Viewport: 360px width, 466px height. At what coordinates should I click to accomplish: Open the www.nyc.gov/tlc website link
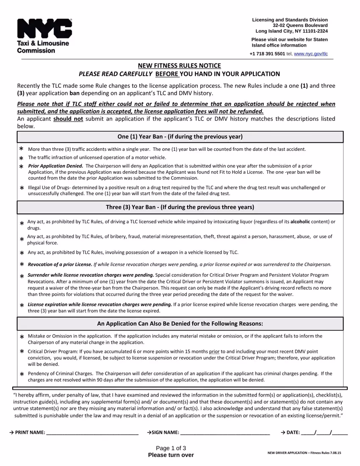(x=310, y=54)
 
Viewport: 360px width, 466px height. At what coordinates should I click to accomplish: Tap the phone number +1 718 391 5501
(x=267, y=54)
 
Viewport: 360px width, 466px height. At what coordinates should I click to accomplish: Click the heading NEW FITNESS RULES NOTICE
(x=180, y=65)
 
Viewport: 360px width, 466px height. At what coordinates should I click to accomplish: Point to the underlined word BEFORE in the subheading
(x=167, y=74)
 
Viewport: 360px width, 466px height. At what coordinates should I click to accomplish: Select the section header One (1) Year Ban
(x=180, y=136)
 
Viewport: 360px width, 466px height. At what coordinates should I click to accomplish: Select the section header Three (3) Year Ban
(x=180, y=207)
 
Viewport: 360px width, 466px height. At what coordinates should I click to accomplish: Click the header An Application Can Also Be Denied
(x=180, y=324)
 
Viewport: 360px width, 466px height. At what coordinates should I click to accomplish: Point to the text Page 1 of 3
(x=171, y=448)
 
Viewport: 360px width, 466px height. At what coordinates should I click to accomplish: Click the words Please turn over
(x=171, y=455)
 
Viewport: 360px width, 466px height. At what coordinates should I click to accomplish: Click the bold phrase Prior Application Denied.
(x=55, y=166)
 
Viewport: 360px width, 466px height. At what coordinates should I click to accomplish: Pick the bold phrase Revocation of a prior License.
(x=60, y=264)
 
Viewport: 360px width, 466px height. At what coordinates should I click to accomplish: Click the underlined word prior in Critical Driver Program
(x=214, y=352)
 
